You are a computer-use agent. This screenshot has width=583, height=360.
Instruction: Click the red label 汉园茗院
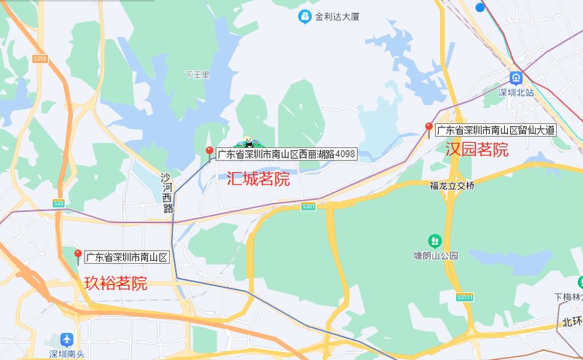477,150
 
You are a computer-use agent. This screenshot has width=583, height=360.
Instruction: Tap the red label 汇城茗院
258,179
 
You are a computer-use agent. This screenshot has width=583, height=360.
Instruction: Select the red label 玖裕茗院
116,283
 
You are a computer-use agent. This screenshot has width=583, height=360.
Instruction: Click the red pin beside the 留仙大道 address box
429,129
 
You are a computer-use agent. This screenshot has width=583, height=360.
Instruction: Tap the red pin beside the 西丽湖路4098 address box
210,152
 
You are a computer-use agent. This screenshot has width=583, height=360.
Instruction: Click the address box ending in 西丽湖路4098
286,154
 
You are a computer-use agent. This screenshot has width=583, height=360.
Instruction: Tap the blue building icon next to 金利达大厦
304,17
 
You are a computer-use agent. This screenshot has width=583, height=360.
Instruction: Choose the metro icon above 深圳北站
516,78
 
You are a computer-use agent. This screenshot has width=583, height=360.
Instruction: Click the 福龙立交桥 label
452,186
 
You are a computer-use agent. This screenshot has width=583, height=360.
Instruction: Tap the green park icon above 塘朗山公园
434,240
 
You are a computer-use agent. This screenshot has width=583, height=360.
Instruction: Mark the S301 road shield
308,207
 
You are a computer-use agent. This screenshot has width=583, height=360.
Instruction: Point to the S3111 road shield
465,297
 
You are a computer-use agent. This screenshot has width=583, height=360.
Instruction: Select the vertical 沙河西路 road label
168,192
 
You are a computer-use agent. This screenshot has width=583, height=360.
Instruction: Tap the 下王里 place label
197,74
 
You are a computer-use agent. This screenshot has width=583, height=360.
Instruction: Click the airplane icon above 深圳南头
67,340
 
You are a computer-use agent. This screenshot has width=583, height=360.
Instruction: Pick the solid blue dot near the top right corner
480,7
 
